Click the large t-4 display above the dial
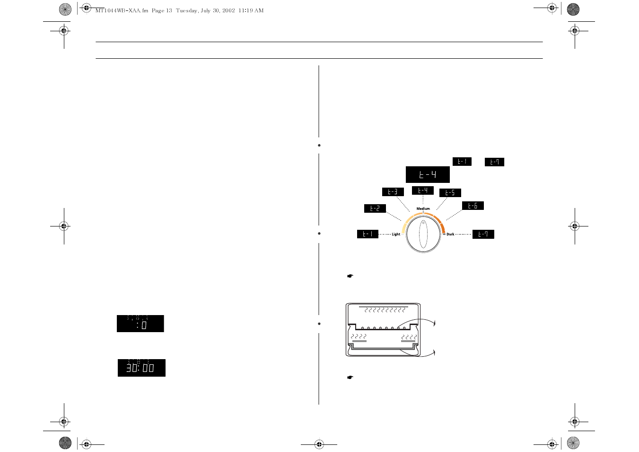point(428,174)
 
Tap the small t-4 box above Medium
point(422,190)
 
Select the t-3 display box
point(393,192)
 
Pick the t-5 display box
point(450,193)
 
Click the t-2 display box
point(375,208)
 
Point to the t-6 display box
point(473,206)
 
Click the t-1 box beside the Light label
point(368,234)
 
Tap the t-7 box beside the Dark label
point(483,234)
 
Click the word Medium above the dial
point(423,208)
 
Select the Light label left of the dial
point(396,234)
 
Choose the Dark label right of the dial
point(450,234)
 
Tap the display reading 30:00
point(141,368)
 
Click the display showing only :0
point(140,324)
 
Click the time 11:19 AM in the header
point(251,10)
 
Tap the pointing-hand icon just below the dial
point(350,276)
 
